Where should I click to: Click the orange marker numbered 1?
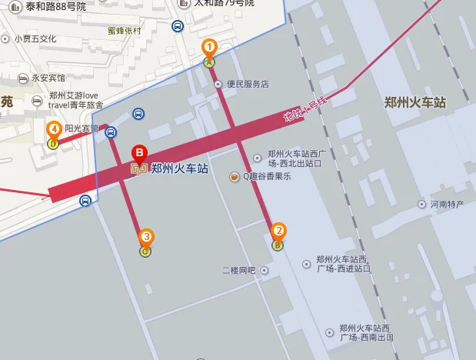(x=208, y=48)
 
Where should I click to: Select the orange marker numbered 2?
(x=278, y=230)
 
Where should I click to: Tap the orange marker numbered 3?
(x=146, y=237)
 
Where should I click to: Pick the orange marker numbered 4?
(x=53, y=129)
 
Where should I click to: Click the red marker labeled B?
(x=139, y=152)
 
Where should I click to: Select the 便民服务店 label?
(x=246, y=84)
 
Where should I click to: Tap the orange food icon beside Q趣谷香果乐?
(x=235, y=177)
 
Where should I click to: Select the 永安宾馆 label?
(x=48, y=78)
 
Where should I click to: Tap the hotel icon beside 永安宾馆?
(x=24, y=78)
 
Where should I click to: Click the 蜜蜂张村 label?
(x=125, y=32)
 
